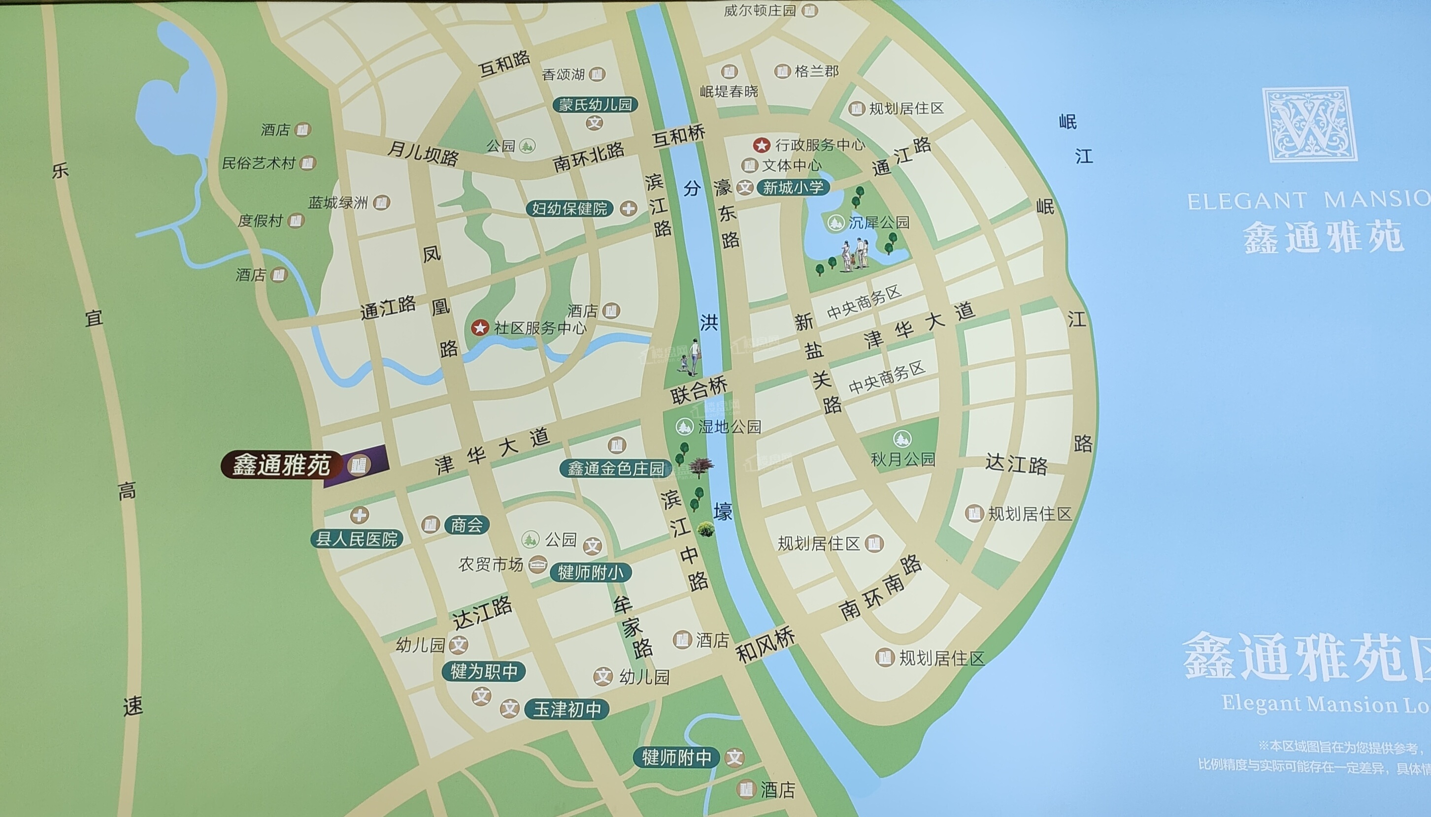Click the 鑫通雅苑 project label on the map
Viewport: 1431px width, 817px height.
point(281,465)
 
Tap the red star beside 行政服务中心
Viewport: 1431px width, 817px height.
point(761,145)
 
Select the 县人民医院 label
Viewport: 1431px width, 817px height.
point(357,539)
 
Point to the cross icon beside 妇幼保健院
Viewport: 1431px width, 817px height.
point(628,209)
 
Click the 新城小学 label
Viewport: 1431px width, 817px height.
point(793,188)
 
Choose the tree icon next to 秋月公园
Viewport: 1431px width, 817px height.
point(902,438)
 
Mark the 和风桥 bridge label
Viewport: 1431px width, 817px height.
point(765,645)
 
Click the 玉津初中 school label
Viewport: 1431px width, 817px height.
point(566,709)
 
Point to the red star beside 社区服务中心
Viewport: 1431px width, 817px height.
point(480,328)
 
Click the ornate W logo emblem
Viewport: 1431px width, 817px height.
point(1309,125)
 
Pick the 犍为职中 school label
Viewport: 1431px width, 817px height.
point(484,671)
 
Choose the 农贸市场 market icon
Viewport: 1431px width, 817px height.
point(537,564)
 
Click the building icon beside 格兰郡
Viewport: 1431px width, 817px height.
point(782,71)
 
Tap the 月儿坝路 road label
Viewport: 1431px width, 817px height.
point(423,153)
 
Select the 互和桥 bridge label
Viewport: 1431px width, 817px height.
point(678,135)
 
